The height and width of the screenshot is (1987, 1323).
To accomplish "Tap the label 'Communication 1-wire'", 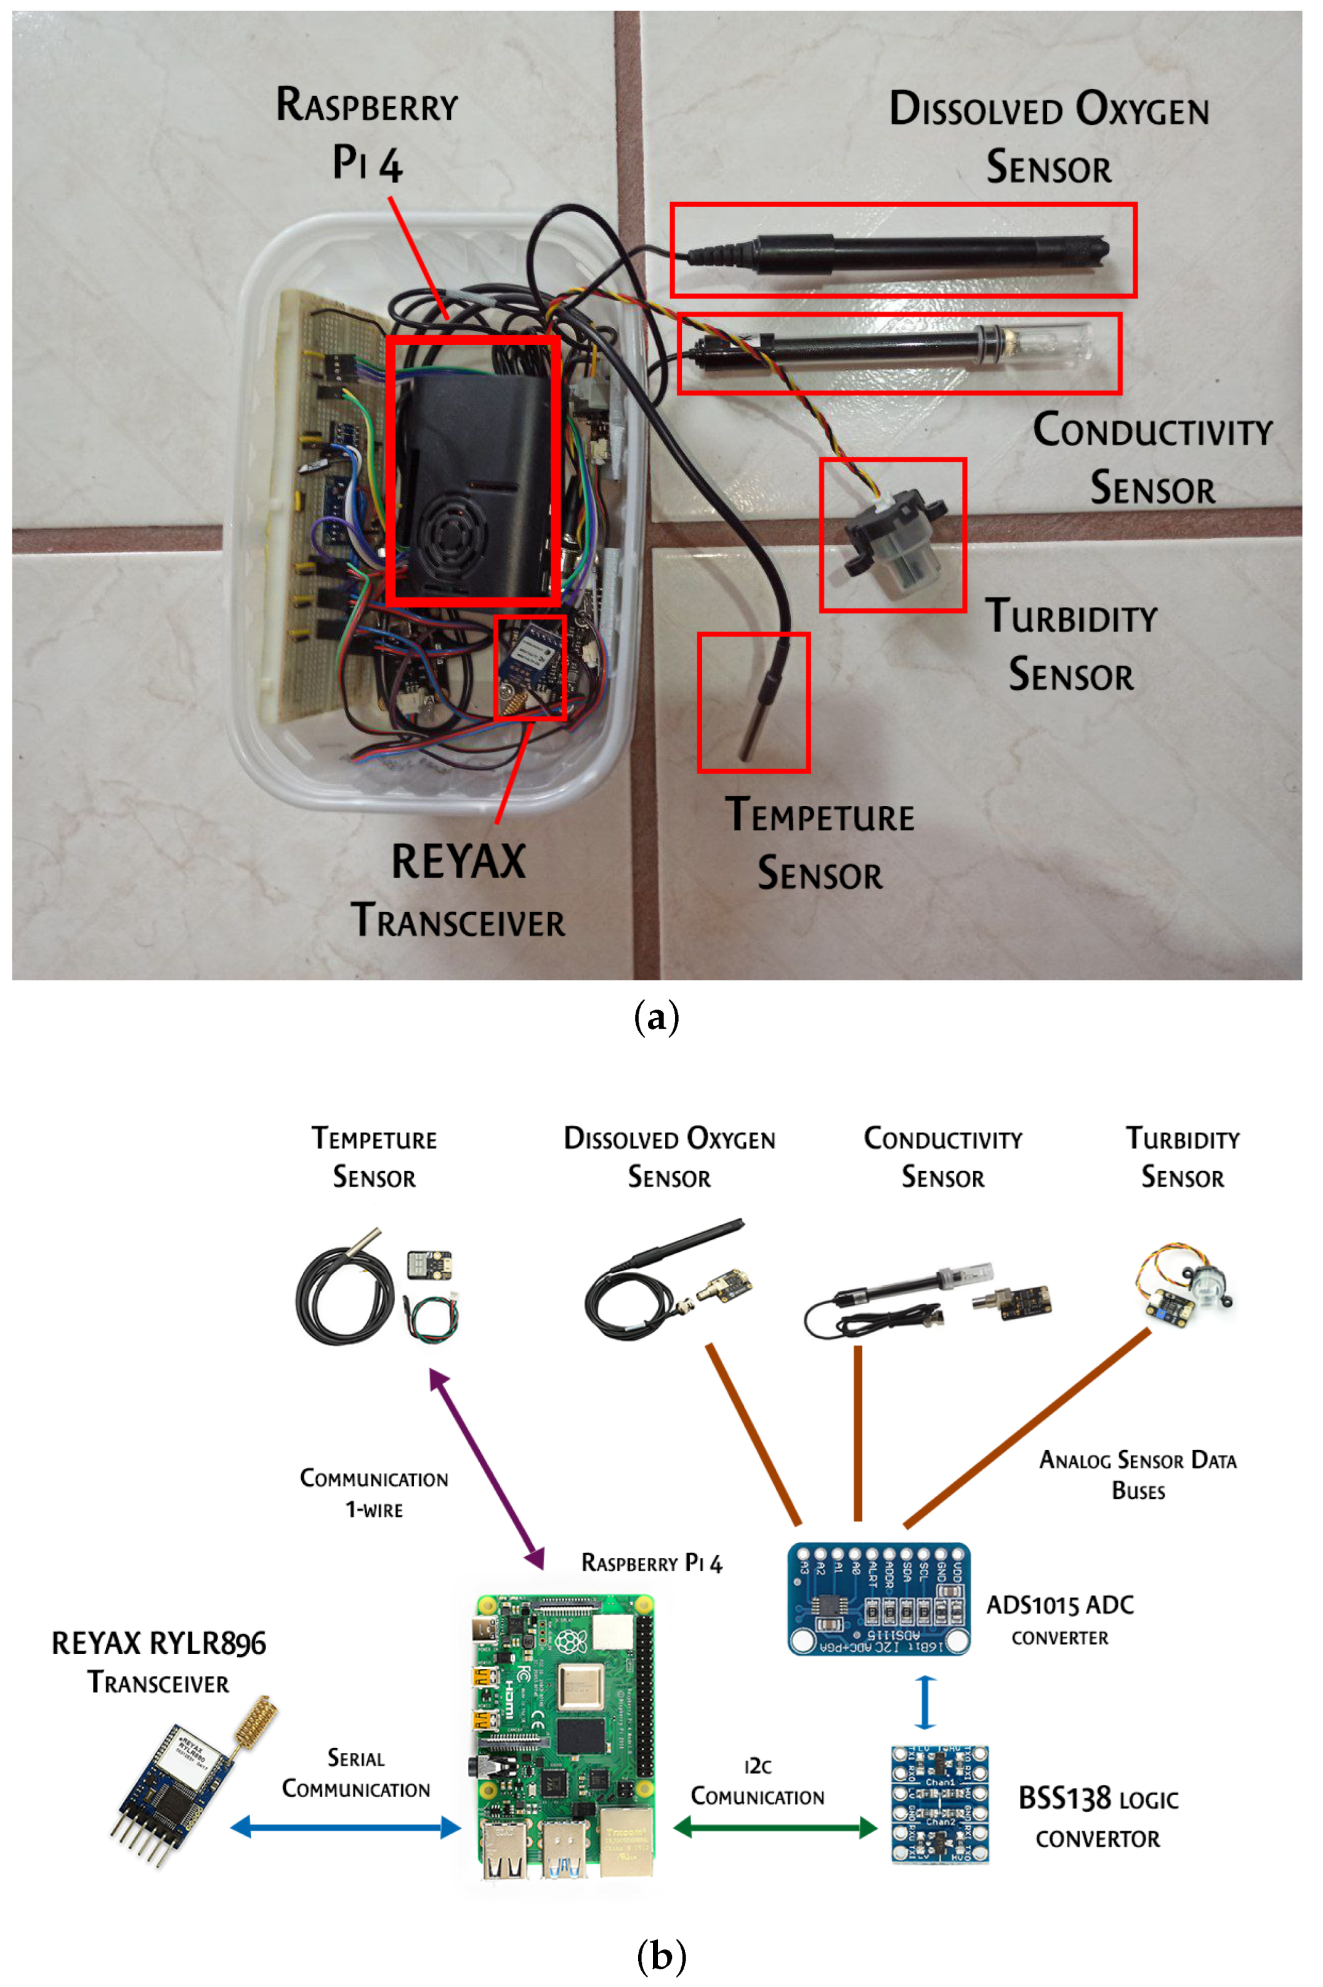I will pos(374,1493).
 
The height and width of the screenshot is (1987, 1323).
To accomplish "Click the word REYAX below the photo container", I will pos(458,862).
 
